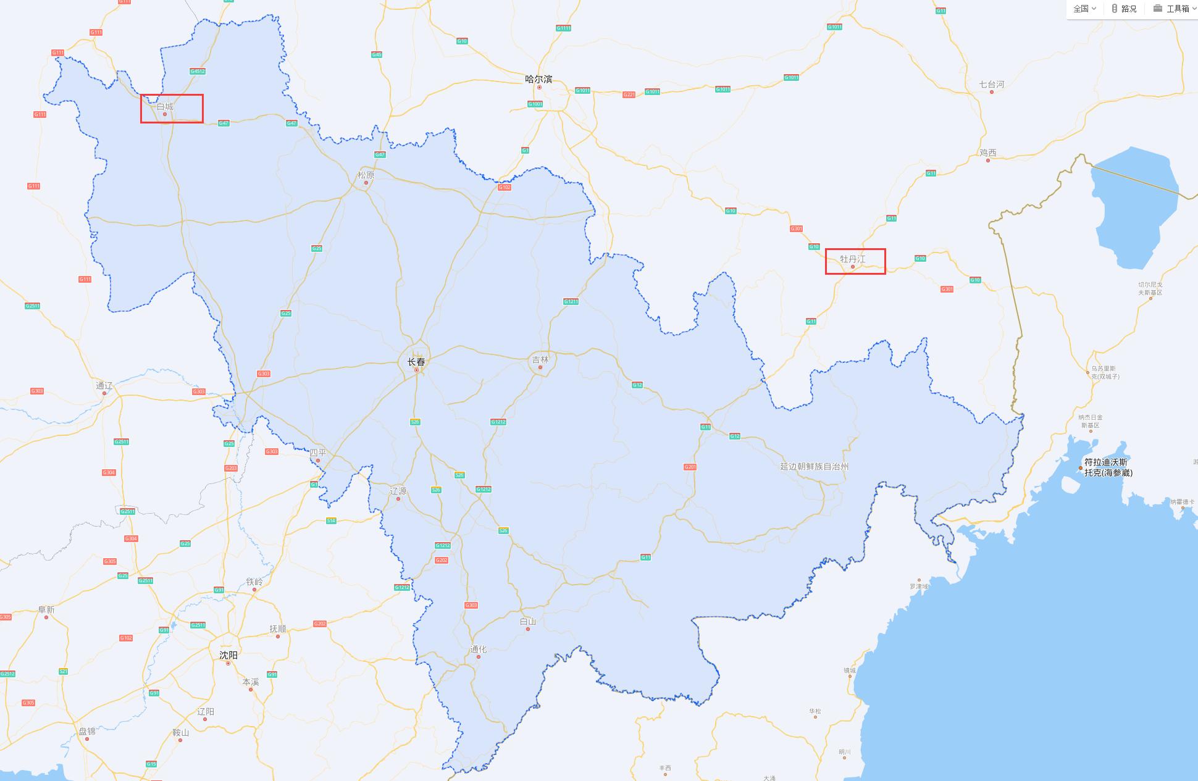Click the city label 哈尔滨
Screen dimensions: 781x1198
point(538,80)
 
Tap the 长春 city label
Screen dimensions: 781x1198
point(416,362)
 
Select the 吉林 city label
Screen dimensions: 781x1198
point(540,360)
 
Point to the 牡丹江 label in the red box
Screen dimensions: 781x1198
point(853,259)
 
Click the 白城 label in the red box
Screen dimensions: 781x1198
point(165,107)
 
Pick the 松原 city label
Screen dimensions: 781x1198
point(366,175)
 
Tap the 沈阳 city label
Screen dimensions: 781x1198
point(228,655)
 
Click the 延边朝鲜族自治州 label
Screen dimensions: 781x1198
point(814,467)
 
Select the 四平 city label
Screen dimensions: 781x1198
point(318,453)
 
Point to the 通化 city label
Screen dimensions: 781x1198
point(478,649)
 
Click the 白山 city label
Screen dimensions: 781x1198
point(528,622)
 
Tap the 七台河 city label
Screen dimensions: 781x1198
point(992,85)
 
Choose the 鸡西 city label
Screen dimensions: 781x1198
point(988,152)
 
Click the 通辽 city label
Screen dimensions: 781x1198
point(104,386)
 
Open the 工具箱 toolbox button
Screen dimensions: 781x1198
point(1173,9)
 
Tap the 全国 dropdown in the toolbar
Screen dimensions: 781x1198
point(1084,9)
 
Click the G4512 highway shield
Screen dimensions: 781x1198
point(198,71)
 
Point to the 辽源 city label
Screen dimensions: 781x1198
point(398,491)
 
